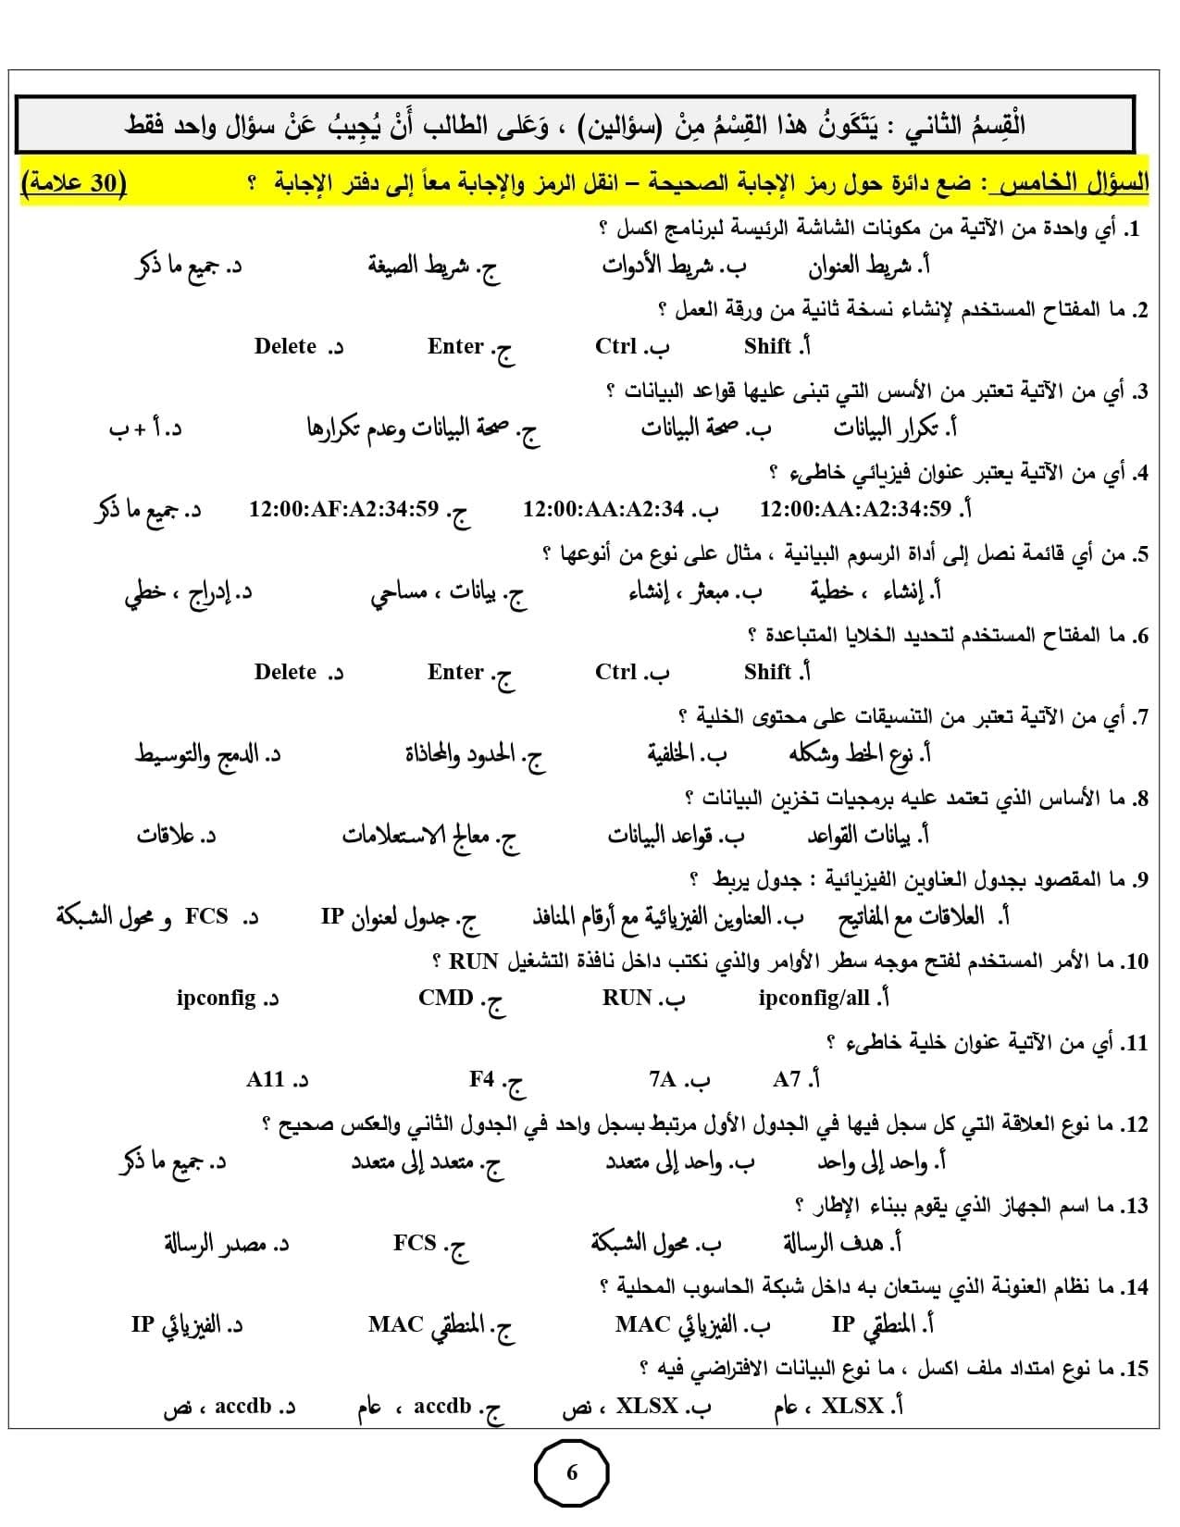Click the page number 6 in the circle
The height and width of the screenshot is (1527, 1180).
[x=571, y=1472]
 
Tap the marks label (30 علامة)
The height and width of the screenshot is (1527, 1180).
[x=73, y=182]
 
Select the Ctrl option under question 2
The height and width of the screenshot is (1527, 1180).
[x=616, y=347]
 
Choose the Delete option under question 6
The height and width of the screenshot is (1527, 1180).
[x=285, y=673]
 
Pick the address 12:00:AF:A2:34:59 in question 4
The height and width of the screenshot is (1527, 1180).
[x=343, y=510]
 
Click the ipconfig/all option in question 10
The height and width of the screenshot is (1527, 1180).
[x=814, y=999]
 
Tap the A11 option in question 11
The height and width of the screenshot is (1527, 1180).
[x=266, y=1080]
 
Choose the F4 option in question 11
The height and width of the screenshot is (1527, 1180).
[x=482, y=1080]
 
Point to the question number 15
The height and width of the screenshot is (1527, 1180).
[x=1135, y=1369]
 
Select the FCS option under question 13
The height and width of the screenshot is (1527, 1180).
[x=415, y=1243]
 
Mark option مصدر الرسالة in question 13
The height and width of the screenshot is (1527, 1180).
[x=214, y=1243]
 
